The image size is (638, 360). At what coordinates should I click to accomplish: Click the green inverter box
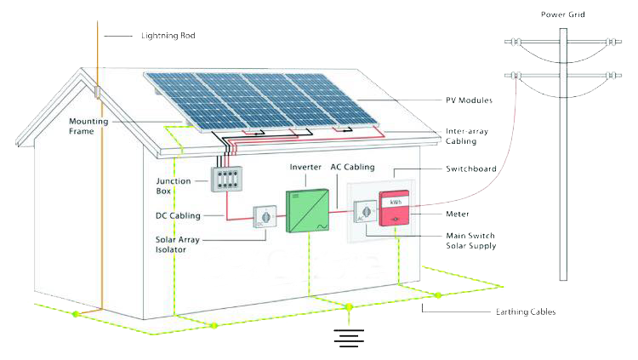[308, 210]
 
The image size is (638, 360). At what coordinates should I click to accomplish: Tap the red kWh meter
[394, 209]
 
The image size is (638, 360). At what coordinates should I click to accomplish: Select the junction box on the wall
[226, 179]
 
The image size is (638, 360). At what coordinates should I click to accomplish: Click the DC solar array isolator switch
[265, 217]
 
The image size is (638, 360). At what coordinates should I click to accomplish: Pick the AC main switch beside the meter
[366, 212]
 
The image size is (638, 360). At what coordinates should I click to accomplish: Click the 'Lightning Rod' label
[168, 36]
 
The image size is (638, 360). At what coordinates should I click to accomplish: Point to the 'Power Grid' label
[563, 14]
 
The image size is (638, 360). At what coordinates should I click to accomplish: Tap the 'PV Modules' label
[469, 100]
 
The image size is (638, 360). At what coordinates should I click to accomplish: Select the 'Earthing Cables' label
[526, 312]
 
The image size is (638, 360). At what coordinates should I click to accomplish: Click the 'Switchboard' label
[470, 169]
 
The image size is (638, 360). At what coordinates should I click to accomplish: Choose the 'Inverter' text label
[305, 167]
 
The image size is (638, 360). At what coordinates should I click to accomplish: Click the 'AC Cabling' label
[352, 167]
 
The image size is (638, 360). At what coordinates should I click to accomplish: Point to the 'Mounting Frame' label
[88, 126]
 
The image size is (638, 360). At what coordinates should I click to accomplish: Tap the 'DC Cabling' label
[178, 216]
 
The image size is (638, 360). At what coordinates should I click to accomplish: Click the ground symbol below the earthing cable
[349, 338]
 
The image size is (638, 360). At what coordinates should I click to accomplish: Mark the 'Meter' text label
[458, 214]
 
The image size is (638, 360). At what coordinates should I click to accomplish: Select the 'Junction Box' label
[174, 186]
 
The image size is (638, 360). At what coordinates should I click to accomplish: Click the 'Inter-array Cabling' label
[467, 136]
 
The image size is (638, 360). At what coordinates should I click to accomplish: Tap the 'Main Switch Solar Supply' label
[470, 241]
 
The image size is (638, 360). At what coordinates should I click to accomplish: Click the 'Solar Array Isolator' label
[178, 244]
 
